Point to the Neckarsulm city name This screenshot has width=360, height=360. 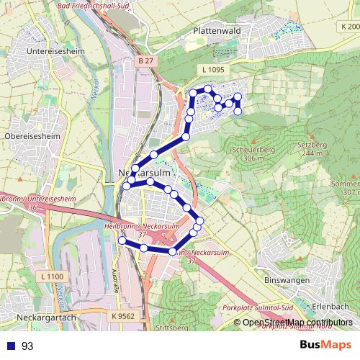[x=142, y=174]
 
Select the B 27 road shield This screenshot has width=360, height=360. [x=144, y=62]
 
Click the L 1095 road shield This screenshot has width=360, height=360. [x=215, y=68]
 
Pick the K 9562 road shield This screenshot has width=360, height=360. [x=122, y=315]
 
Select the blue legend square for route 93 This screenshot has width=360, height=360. [x=9, y=346]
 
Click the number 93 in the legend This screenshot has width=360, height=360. [x=27, y=346]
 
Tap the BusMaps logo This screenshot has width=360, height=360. [x=325, y=345]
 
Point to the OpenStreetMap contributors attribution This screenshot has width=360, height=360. [x=297, y=322]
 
